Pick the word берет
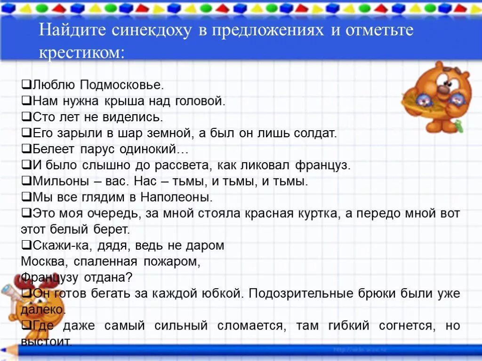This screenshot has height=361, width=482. point(113,229)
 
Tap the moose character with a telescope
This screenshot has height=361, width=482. point(24,301)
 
